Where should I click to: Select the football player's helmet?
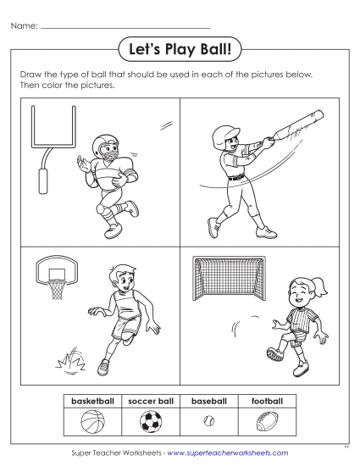pyautogui.click(x=108, y=147)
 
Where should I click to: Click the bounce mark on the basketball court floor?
pyautogui.click(x=70, y=361)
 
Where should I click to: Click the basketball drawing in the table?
pyautogui.click(x=91, y=420)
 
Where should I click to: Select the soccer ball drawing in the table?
pyautogui.click(x=151, y=420)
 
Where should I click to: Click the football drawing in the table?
pyautogui.click(x=267, y=420)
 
